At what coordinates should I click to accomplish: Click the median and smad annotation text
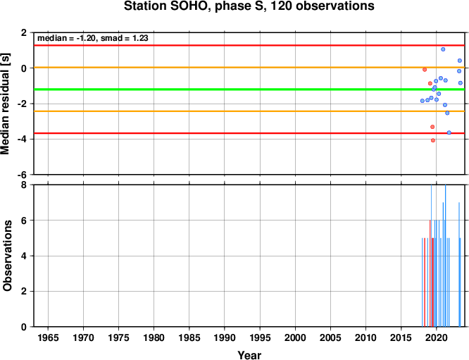(93, 38)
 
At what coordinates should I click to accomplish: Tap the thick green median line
(249, 89)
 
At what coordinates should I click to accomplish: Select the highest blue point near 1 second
(443, 49)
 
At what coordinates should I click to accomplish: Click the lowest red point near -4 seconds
(433, 140)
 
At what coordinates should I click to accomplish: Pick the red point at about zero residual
(425, 70)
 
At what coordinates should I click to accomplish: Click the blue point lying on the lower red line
(449, 132)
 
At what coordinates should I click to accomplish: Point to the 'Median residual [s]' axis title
(6, 104)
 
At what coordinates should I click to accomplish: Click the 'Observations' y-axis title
(7, 256)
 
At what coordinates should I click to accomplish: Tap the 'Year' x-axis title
(249, 355)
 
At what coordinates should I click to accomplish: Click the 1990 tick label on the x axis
(225, 337)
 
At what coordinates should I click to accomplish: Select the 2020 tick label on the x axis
(436, 337)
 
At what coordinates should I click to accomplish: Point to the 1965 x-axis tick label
(48, 337)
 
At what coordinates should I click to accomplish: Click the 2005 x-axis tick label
(330, 337)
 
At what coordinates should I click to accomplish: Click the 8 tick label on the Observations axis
(24, 185)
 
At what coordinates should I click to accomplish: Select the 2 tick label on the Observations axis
(24, 292)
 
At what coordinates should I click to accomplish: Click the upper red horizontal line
(249, 46)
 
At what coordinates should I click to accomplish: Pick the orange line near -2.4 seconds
(249, 111)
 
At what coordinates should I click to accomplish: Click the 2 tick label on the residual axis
(24, 32)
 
